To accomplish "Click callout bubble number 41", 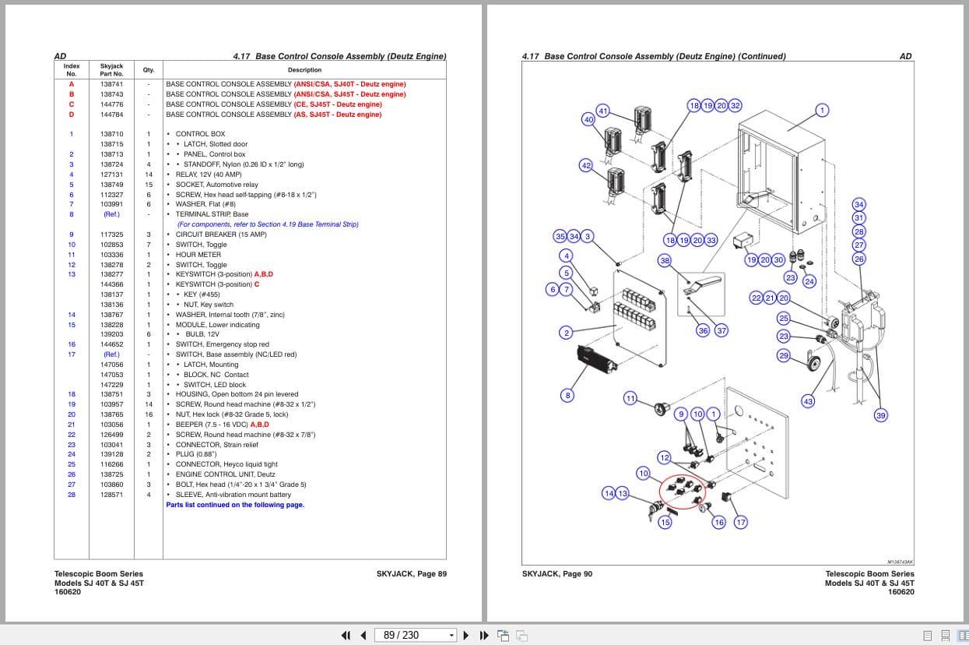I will click(603, 111).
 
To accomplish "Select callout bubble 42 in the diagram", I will click(586, 165).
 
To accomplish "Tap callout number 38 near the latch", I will click(665, 261).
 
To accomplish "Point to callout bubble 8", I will click(567, 396).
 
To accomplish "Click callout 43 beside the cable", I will click(808, 401).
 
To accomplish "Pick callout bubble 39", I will click(880, 415).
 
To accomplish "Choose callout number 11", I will click(630, 398).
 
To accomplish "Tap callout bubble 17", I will click(741, 523).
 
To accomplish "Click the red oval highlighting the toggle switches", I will click(681, 492).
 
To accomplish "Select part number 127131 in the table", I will click(111, 174).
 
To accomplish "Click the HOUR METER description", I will click(198, 255).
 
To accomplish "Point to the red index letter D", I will click(72, 115).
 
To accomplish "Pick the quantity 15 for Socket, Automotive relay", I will click(149, 185).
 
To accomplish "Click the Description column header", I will click(304, 70).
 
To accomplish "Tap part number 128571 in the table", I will click(111, 495).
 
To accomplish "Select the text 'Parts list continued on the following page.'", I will click(235, 505).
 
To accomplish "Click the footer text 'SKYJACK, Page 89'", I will click(411, 574).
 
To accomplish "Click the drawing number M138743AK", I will click(900, 561).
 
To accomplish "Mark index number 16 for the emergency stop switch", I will click(72, 344).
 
